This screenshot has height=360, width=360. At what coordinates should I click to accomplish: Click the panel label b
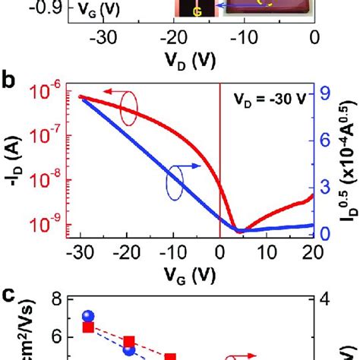(x=10, y=78)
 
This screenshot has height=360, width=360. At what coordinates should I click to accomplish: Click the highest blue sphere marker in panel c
(x=88, y=316)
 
